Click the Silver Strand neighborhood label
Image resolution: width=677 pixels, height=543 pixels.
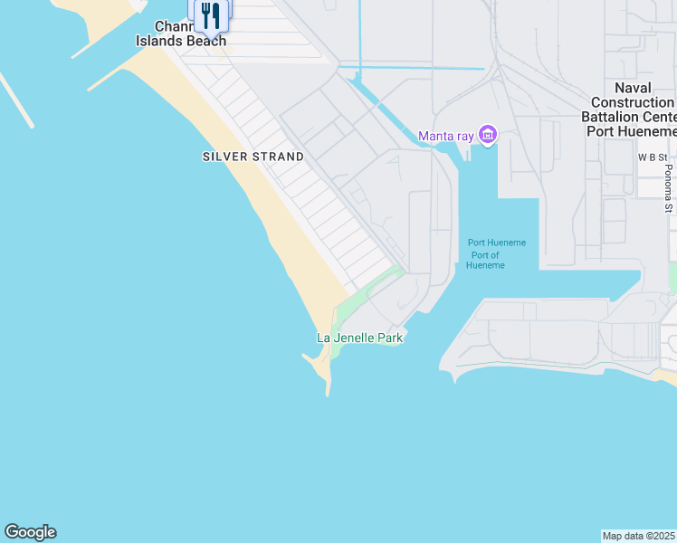pyautogui.click(x=253, y=157)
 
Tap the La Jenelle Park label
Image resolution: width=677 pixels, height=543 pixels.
pyautogui.click(x=359, y=338)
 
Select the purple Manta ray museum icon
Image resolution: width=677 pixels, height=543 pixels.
pyautogui.click(x=488, y=136)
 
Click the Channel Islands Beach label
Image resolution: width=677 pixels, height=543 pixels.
pyautogui.click(x=181, y=34)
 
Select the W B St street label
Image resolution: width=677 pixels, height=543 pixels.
pyautogui.click(x=653, y=157)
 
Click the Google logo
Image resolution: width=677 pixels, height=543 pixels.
pyautogui.click(x=30, y=532)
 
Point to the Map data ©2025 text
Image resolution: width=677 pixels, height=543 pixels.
pyautogui.click(x=639, y=536)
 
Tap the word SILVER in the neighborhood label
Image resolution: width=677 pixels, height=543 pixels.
pyautogui.click(x=224, y=157)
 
